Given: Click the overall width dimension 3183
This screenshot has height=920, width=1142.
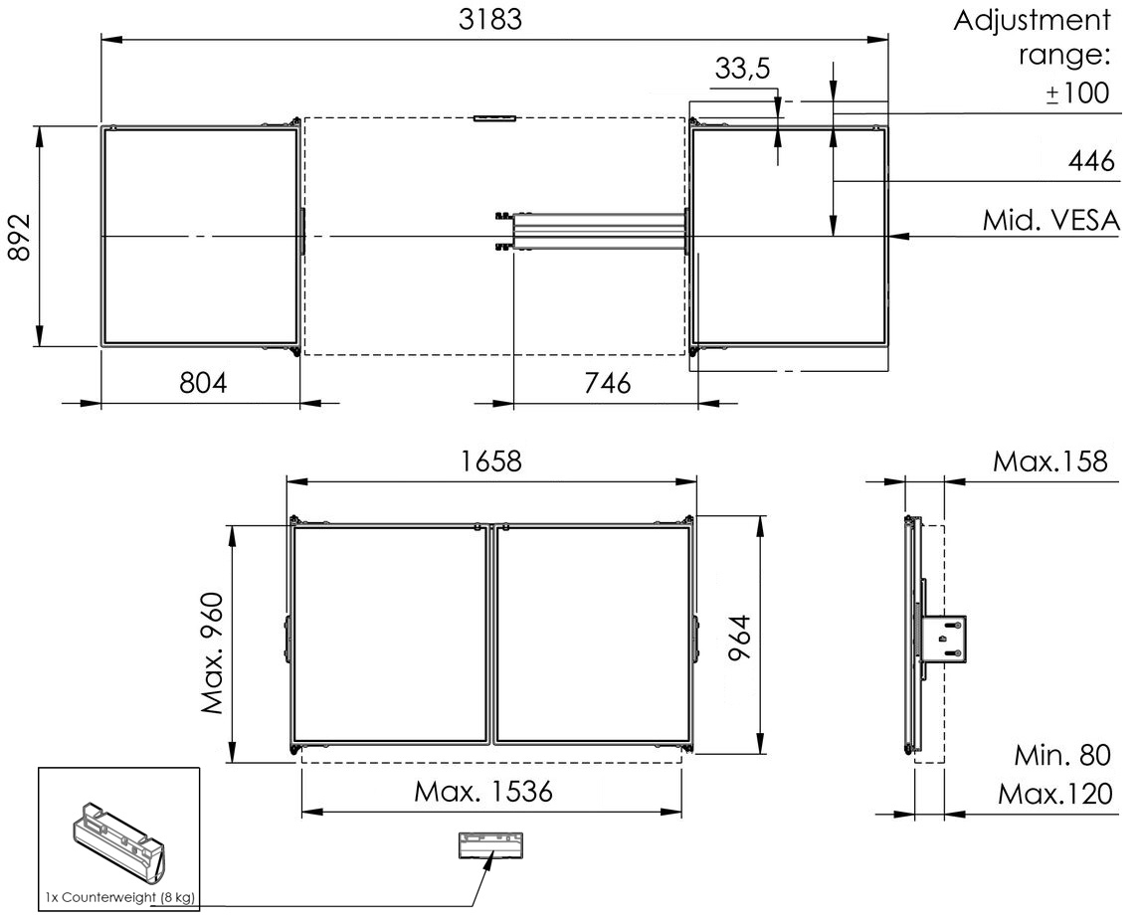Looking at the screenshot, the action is (x=490, y=20).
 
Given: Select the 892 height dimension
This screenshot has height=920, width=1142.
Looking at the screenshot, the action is (x=18, y=238).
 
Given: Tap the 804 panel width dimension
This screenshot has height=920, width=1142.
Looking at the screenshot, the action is (x=203, y=382).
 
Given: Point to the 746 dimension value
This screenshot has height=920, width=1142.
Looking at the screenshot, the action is (x=607, y=382).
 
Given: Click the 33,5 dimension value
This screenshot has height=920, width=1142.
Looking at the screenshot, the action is (x=742, y=69).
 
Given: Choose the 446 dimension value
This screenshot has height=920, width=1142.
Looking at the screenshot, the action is (x=1091, y=160).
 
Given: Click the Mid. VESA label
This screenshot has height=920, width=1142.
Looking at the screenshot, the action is (x=1050, y=220).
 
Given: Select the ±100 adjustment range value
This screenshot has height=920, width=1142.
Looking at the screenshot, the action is (x=1078, y=93).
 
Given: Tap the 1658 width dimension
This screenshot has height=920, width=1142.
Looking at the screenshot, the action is (x=490, y=461).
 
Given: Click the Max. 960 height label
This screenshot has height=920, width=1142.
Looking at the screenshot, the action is (x=213, y=654).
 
